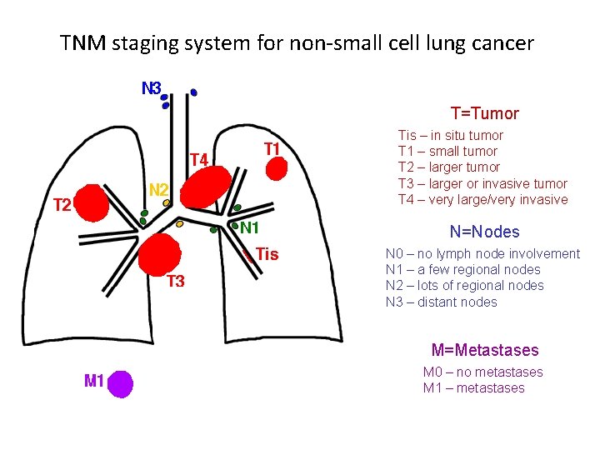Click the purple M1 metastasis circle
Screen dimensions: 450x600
pyautogui.click(x=121, y=383)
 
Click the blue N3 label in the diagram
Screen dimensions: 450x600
pyautogui.click(x=151, y=87)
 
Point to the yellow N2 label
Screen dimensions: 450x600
pyautogui.click(x=158, y=190)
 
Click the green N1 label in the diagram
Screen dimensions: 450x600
pyautogui.click(x=250, y=227)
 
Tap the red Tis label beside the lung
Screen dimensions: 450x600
pyautogui.click(x=267, y=254)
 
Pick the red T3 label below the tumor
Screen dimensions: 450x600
pyautogui.click(x=175, y=282)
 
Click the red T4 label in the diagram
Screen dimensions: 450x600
pyautogui.click(x=198, y=159)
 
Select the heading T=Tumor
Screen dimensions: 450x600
pyautogui.click(x=484, y=113)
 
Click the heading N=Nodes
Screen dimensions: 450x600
pyautogui.click(x=484, y=232)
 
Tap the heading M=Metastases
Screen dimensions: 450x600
pyautogui.click(x=484, y=351)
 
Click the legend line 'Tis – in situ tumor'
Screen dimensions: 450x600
pyautogui.click(x=450, y=135)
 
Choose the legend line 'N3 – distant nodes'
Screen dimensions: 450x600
pyautogui.click(x=441, y=302)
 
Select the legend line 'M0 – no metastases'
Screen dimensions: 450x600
pyautogui.click(x=482, y=372)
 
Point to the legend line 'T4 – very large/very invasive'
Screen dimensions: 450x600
pyautogui.click(x=482, y=199)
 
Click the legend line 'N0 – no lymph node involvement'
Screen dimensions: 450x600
pyautogui.click(x=482, y=253)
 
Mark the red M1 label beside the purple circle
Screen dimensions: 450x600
pyautogui.click(x=94, y=382)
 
